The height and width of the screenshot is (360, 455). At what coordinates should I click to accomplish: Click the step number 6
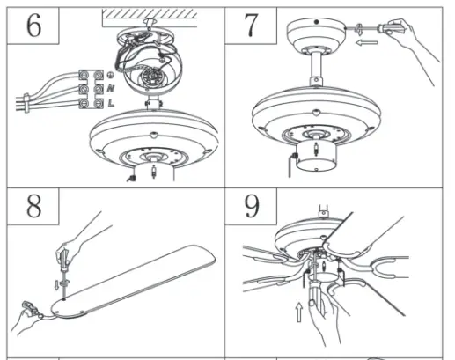34,27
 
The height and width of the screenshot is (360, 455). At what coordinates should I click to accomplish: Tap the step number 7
252,27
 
